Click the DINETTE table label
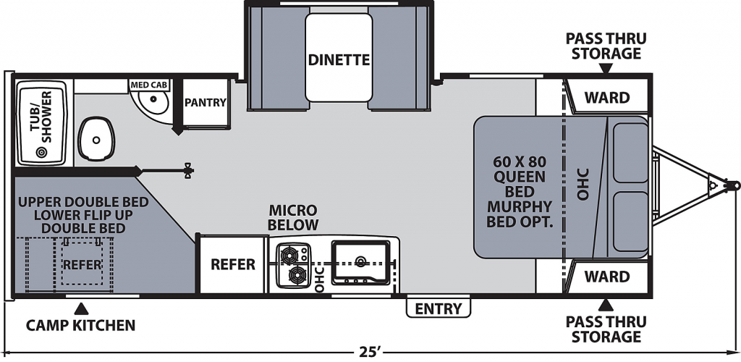pos(339,60)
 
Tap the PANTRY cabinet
pos(206,103)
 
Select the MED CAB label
pos(149,85)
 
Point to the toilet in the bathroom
pos(96,139)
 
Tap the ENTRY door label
pos(438,309)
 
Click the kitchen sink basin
pos(361,262)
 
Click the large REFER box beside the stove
pos(232,264)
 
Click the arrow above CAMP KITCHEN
pos(82,309)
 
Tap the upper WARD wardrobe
pos(607,97)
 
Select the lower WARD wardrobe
pos(607,276)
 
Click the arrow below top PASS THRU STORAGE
pos(606,68)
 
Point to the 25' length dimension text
pos(370,352)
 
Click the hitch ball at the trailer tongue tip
pos(734,185)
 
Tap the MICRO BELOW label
pos(293,217)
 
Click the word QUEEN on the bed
pos(520,177)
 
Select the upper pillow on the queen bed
pos(630,152)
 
